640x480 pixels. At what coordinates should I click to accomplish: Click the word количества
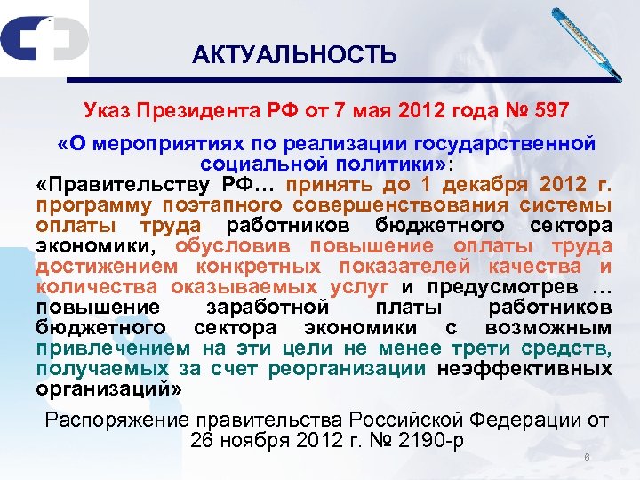point(97,286)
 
